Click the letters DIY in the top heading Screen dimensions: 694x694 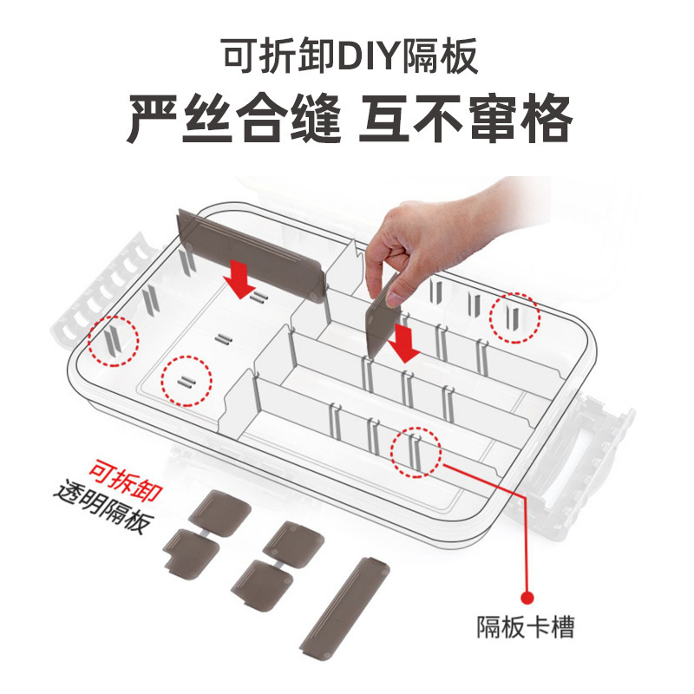[370, 60]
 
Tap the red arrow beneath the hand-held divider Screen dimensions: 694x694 [404, 342]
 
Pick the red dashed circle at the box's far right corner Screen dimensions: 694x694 [514, 318]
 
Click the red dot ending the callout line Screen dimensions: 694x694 [526, 596]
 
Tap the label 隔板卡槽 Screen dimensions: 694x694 [526, 626]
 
